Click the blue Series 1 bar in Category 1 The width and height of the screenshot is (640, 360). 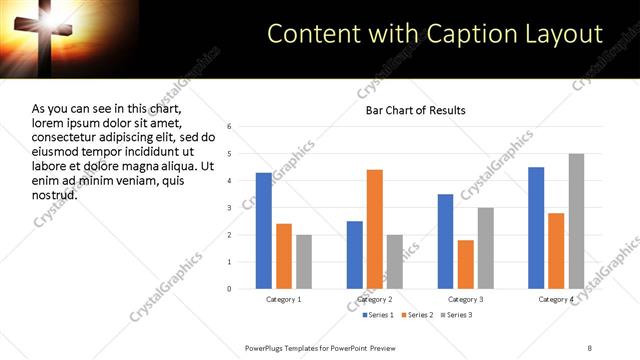tap(263, 231)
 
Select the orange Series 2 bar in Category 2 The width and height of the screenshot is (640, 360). tap(375, 229)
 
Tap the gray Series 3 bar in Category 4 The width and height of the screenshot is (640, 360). tap(576, 221)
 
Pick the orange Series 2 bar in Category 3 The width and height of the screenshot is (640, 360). tap(465, 264)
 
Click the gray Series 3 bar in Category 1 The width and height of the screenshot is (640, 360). tap(304, 262)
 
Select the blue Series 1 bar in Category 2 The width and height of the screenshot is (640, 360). tap(355, 255)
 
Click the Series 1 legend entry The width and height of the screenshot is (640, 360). tap(377, 315)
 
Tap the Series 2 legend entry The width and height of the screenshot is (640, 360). tap(417, 315)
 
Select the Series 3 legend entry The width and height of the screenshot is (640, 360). tap(457, 315)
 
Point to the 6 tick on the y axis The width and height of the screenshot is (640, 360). tap(230, 127)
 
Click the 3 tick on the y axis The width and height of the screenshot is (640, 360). tap(230, 208)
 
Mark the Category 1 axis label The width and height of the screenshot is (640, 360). tap(284, 299)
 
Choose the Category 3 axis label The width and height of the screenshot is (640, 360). tap(465, 299)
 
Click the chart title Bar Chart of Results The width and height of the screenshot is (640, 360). tap(415, 109)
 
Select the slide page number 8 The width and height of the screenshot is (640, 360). tap(589, 347)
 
